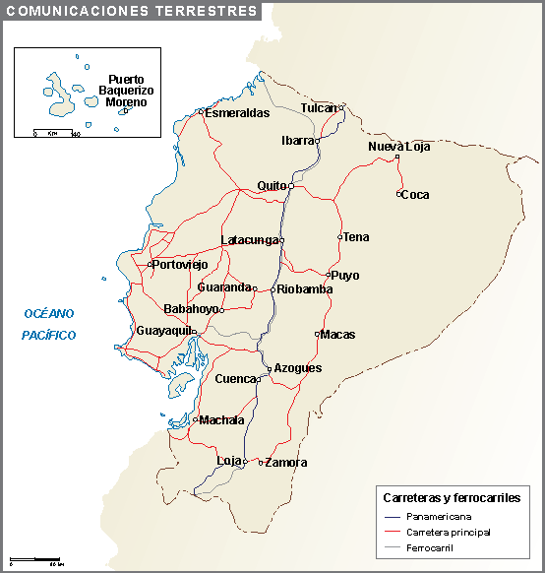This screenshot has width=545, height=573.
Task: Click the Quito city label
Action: [x=271, y=185]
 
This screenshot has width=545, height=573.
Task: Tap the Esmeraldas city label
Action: [x=237, y=113]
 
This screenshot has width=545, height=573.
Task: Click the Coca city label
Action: [x=416, y=195]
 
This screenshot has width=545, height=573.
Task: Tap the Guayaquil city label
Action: [x=162, y=331]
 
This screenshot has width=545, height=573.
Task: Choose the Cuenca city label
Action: [x=235, y=379]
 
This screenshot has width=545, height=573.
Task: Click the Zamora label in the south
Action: [x=286, y=463]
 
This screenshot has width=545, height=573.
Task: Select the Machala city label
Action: [x=221, y=420]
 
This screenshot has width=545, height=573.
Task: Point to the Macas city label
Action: [x=337, y=335]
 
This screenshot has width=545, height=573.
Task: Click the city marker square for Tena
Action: [x=339, y=237]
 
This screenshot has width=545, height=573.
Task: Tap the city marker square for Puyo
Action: [x=329, y=275]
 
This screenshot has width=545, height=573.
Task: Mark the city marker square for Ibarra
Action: [x=317, y=141]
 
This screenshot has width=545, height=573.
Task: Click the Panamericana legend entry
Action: [x=439, y=517]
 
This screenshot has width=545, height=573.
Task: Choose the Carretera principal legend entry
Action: [x=448, y=532]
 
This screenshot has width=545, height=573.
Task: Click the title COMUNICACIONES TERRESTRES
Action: [x=129, y=11]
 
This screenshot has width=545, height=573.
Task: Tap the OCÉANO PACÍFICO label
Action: [x=49, y=324]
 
